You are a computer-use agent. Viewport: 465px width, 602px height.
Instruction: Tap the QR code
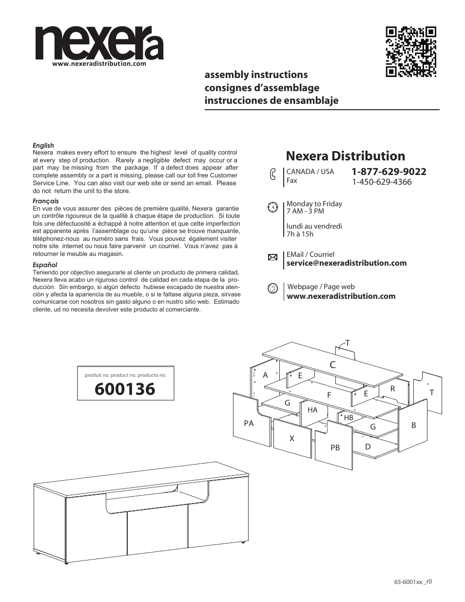tap(411, 52)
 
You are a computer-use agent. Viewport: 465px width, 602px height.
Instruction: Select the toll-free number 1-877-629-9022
tap(389, 172)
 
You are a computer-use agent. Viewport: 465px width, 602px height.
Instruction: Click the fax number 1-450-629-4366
tap(382, 182)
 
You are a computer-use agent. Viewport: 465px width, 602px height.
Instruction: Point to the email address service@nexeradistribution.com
tap(347, 263)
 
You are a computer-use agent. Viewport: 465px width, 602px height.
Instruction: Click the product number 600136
tap(125, 389)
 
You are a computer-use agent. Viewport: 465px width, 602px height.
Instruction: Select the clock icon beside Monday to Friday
tap(273, 207)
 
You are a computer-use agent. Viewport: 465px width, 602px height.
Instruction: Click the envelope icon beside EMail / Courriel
tap(273, 257)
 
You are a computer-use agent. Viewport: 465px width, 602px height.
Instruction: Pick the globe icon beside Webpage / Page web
tap(273, 288)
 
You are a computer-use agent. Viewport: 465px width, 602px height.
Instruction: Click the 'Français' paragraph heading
tap(45, 201)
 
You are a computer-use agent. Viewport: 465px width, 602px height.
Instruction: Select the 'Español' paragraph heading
tap(45, 265)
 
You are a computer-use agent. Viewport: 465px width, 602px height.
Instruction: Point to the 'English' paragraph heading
tap(43, 145)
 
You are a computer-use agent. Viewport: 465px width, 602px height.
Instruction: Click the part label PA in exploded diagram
tap(249, 423)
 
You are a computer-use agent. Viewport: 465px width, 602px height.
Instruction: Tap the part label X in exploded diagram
tap(292, 438)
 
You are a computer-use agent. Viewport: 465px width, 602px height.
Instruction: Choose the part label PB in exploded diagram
tap(335, 447)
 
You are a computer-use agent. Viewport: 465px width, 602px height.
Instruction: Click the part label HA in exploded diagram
tap(312, 410)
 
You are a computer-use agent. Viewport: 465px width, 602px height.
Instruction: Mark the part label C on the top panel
tap(332, 365)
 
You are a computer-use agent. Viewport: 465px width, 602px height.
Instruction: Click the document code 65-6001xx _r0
tap(413, 582)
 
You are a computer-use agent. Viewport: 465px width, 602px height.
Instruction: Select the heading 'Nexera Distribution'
tap(345, 156)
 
